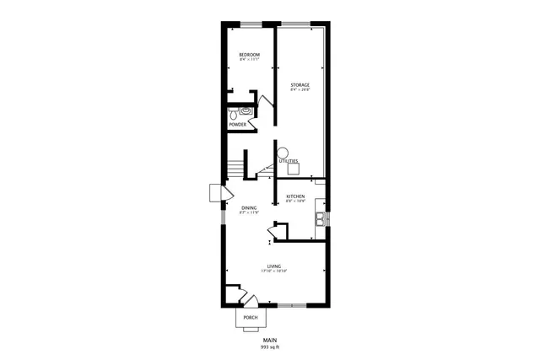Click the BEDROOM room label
pyautogui.click(x=249, y=55)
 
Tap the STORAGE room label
pyautogui.click(x=300, y=84)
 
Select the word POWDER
pyautogui.click(x=237, y=125)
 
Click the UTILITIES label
pyautogui.click(x=289, y=160)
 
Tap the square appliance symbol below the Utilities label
pyautogui.click(x=293, y=168)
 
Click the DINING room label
pyautogui.click(x=249, y=207)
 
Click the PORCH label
pyautogui.click(x=250, y=318)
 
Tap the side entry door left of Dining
pyautogui.click(x=216, y=194)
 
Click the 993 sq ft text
pyautogui.click(x=269, y=347)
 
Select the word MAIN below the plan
pyautogui.click(x=269, y=340)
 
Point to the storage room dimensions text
pyautogui.click(x=300, y=89)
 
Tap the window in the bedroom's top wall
pyautogui.click(x=250, y=23)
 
